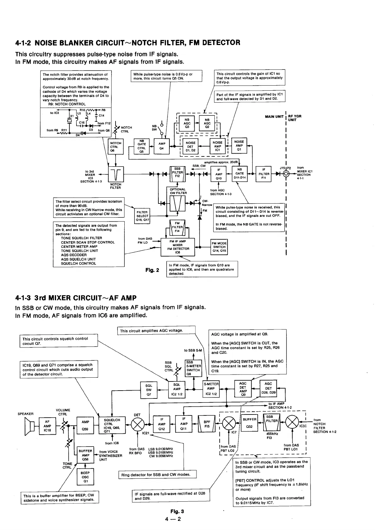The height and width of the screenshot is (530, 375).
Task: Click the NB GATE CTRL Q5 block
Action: pos(141,146)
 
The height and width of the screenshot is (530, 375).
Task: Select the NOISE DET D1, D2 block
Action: pos(190,146)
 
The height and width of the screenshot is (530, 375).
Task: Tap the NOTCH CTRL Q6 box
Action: pos(116,147)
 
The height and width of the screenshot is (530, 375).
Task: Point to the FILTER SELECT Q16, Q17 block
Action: pos(142,216)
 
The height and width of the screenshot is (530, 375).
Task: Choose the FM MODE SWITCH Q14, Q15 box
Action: pos(219,247)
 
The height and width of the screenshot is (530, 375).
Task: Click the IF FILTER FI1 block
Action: pos(264,174)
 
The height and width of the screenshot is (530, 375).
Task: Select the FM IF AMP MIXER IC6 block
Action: pos(178,247)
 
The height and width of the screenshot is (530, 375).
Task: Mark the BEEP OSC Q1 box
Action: pos(85,477)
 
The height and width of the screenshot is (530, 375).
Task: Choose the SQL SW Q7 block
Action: pos(149,390)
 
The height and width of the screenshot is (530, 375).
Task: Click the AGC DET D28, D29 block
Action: pos(268,388)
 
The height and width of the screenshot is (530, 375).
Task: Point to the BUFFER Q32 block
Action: pos(249,424)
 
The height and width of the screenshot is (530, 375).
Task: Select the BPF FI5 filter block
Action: pos(207,424)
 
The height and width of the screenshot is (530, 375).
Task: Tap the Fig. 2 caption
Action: pos(152,270)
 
